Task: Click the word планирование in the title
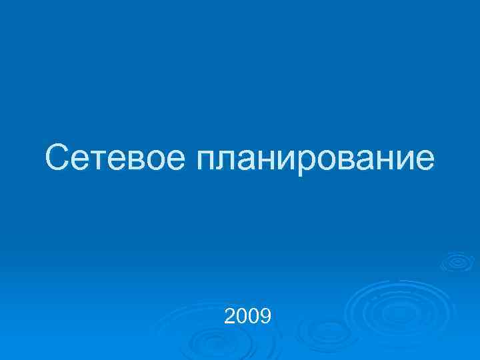tap(314, 161)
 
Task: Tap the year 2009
tap(248, 315)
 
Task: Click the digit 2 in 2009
tap(231, 315)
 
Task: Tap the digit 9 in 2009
tap(265, 315)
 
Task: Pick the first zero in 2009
tap(242, 315)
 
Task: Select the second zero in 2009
tap(254, 315)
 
